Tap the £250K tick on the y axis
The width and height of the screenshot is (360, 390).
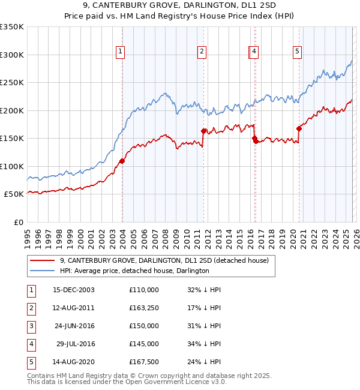(x=12, y=83)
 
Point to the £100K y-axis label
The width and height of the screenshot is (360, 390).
(x=12, y=166)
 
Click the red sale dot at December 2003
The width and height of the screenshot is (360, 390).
(x=122, y=161)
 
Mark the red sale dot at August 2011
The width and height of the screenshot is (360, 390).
(x=203, y=131)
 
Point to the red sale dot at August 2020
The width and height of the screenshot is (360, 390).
(x=299, y=128)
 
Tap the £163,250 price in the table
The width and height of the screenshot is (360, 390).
(x=143, y=307)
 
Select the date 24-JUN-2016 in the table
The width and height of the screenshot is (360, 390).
(x=74, y=325)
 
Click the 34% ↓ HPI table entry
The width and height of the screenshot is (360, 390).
(x=204, y=343)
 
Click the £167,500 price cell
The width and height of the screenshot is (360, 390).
(x=143, y=361)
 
